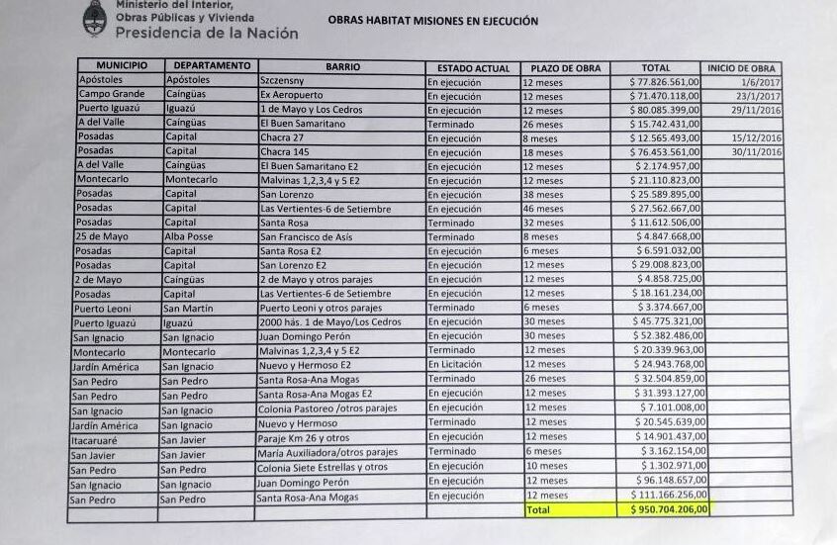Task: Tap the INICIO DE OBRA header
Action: (741, 68)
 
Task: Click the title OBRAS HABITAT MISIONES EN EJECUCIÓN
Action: (433, 20)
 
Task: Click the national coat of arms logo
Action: (96, 17)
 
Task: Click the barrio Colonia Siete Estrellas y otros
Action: (322, 467)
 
